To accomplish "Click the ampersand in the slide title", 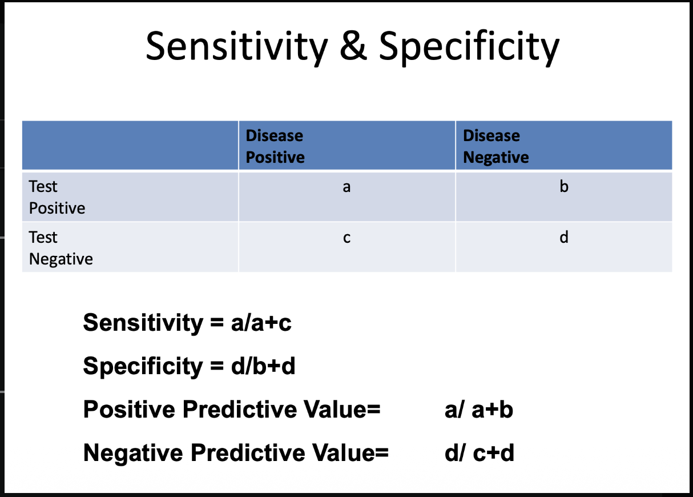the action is [x=353, y=46].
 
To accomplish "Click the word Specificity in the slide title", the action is [x=469, y=48].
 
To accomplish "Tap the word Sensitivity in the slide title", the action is [x=236, y=48].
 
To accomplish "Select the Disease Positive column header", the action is [x=347, y=145].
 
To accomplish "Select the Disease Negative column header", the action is [x=564, y=145].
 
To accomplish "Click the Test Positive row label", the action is [x=130, y=197].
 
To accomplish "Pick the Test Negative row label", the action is [x=130, y=247].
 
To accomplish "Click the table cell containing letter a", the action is [x=347, y=197].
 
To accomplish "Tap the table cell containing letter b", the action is [x=564, y=197].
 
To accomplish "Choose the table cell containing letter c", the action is [x=347, y=247].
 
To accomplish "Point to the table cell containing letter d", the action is [x=564, y=247].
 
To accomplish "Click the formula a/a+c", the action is [x=261, y=323].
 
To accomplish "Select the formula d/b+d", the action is [x=263, y=366].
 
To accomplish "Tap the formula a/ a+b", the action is [x=479, y=410].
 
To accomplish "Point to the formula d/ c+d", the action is [x=480, y=452].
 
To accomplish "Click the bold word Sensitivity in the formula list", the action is [x=143, y=323].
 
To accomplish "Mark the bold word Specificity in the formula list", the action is [x=143, y=367].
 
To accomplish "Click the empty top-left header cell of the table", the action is [x=130, y=145].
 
